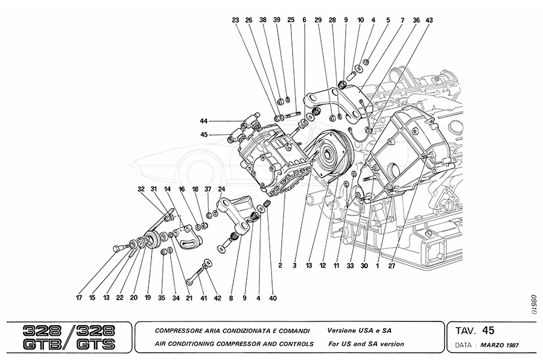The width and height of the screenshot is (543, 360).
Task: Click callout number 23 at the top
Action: point(236,20)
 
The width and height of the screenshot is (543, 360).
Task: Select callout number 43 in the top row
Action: point(429,20)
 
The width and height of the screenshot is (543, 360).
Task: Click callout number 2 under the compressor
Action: point(281,264)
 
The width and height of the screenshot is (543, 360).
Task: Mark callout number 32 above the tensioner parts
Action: point(141,189)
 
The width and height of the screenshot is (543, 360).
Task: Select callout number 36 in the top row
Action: point(416,20)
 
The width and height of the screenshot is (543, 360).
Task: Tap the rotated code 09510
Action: point(533,304)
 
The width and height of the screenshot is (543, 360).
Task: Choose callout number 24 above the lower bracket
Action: point(221,189)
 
